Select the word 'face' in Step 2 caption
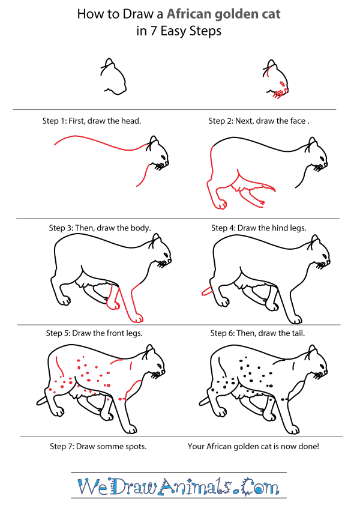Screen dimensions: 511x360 (x=295, y=121)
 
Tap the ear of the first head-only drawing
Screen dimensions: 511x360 (x=109, y=63)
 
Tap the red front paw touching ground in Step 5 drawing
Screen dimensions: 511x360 (x=138, y=316)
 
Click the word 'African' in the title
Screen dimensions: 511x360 (x=175, y=14)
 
